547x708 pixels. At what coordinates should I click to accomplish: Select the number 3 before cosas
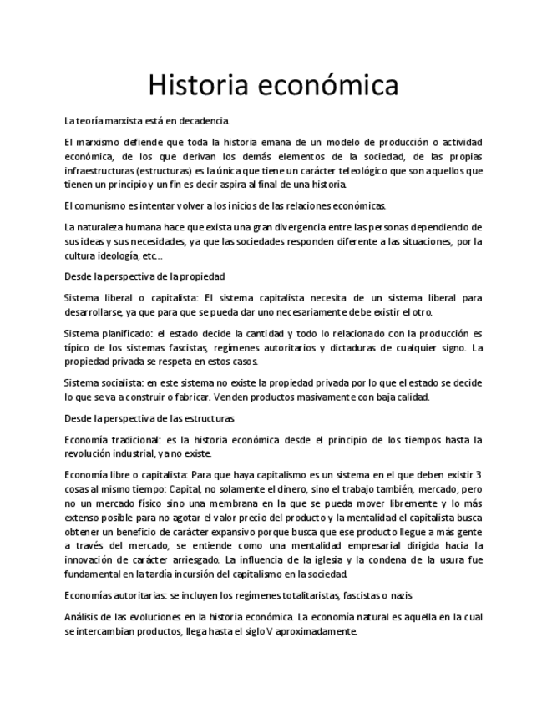pos(478,475)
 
